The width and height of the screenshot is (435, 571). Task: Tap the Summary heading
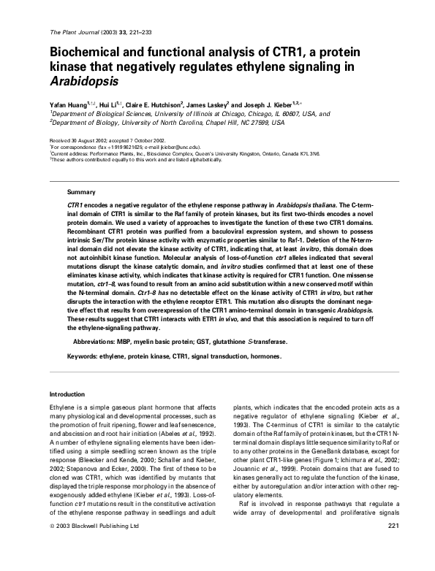tap(77, 191)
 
